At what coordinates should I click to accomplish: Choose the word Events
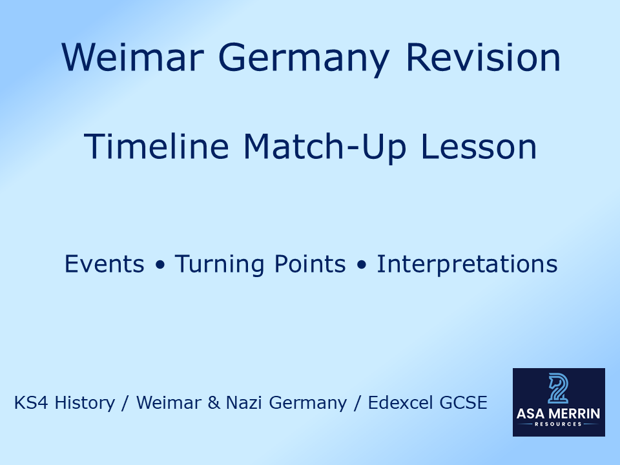point(105,264)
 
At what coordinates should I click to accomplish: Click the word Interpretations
point(467,264)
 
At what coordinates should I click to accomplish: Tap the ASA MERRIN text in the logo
point(559,414)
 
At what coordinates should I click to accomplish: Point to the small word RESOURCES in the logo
point(559,424)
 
